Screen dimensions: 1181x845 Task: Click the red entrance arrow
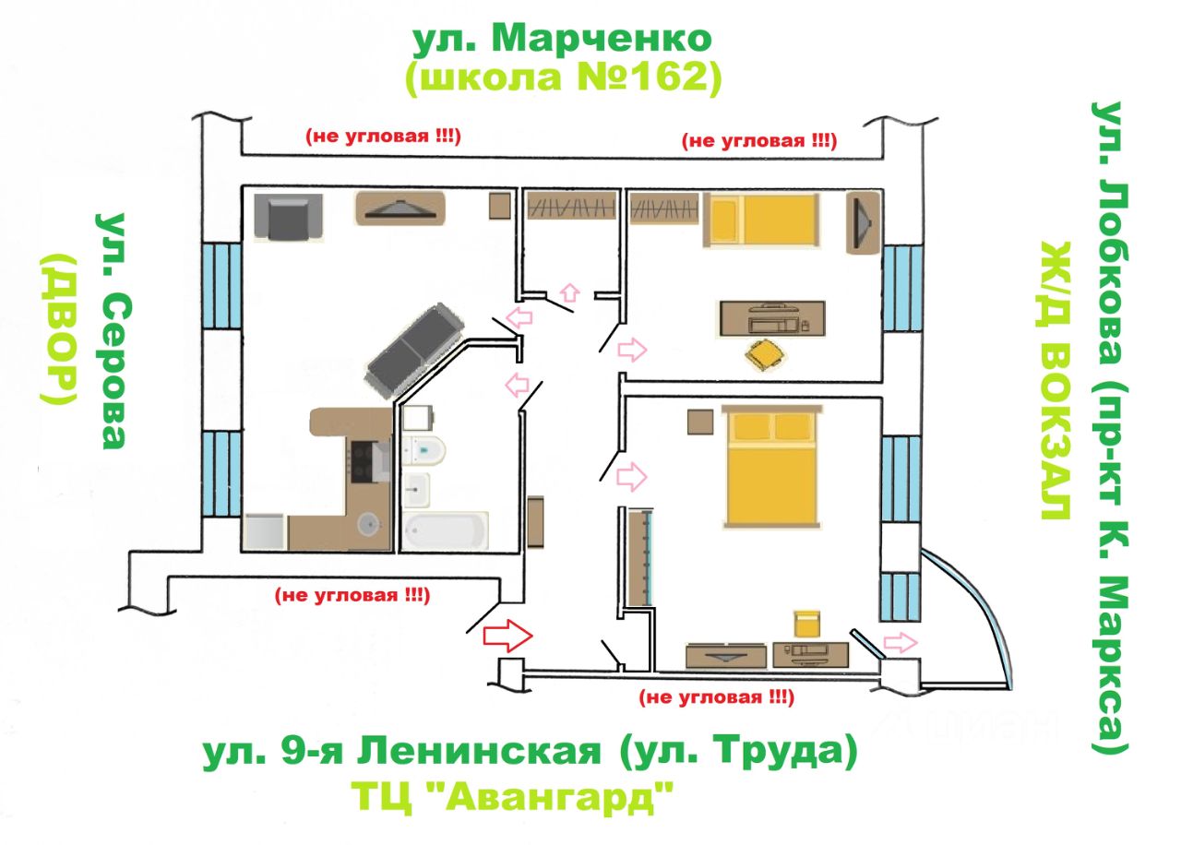[x=507, y=637]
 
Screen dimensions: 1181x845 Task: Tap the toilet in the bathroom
[x=423, y=451]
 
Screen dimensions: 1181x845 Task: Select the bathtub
[x=446, y=530]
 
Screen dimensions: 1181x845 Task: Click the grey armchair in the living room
[x=288, y=217]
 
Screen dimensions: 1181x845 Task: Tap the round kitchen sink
[x=368, y=525]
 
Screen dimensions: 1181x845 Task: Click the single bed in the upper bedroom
[x=761, y=220]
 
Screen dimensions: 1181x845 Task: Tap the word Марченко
[x=602, y=39]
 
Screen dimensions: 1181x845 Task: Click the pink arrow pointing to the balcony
[x=901, y=643]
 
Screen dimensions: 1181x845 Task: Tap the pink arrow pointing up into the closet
[x=569, y=293]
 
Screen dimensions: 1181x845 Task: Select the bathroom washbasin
[x=416, y=490]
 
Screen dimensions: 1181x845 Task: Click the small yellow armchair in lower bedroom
[x=806, y=625]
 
